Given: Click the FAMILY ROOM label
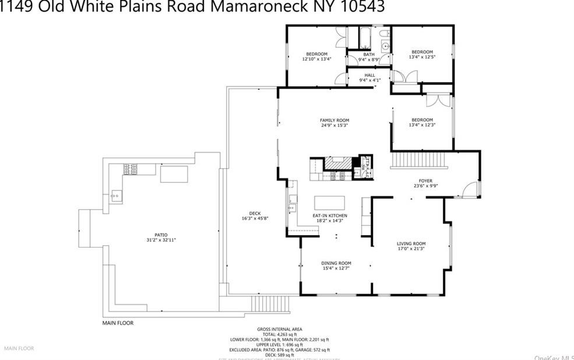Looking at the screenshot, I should (x=334, y=120).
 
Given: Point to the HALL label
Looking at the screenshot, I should (x=369, y=75).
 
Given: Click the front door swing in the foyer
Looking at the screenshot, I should (x=471, y=189).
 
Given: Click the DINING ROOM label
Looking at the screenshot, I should (x=336, y=263).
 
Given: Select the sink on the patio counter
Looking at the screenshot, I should (x=116, y=196).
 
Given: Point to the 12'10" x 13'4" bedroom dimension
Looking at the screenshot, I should (x=316, y=59).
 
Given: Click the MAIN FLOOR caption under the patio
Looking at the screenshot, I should (x=118, y=322).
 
